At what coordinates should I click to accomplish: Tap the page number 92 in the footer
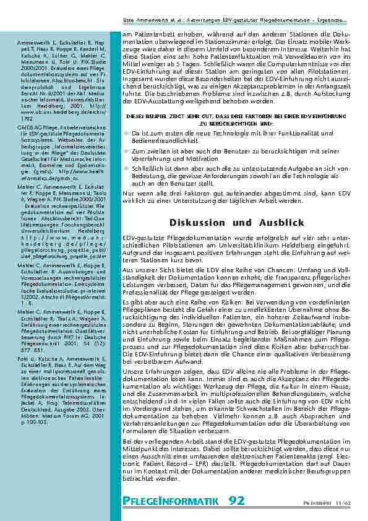(x=236, y=500)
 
